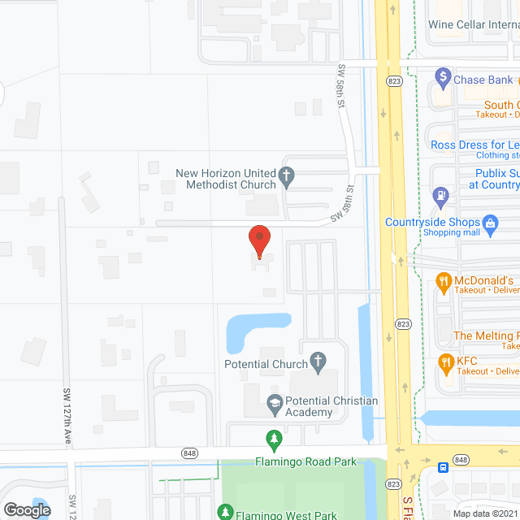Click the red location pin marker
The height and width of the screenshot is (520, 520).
[258, 240]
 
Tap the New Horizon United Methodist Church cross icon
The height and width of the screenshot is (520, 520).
[285, 174]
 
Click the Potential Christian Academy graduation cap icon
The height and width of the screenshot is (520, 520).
[275, 401]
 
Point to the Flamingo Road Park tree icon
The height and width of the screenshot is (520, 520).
[275, 438]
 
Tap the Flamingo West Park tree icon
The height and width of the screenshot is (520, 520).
[224, 512]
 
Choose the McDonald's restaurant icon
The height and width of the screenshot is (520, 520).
[444, 282]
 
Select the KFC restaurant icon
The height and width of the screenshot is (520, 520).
[445, 361]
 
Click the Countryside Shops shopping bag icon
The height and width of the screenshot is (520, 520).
[490, 222]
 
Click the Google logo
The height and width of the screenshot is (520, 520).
[26, 509]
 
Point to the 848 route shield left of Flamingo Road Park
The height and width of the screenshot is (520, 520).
[190, 453]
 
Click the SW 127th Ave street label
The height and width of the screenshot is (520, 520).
[67, 417]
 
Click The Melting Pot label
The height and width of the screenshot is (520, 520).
[486, 336]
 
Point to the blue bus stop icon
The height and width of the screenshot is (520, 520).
[441, 467]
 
